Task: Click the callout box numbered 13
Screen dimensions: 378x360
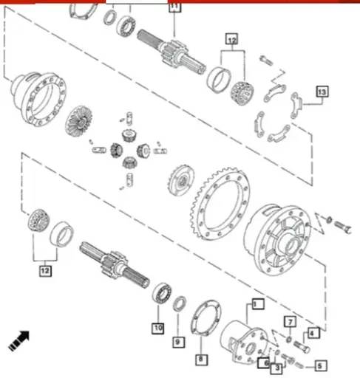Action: (322, 92)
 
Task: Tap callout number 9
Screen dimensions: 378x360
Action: (178, 342)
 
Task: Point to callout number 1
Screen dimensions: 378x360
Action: (257, 303)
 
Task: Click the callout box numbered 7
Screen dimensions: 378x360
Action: (291, 321)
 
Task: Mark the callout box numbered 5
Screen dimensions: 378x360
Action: (320, 364)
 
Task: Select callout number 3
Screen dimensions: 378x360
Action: (276, 368)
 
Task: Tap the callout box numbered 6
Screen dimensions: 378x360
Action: (264, 361)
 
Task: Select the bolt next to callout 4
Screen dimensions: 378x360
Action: (299, 343)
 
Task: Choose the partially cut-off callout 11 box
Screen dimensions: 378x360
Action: (174, 7)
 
